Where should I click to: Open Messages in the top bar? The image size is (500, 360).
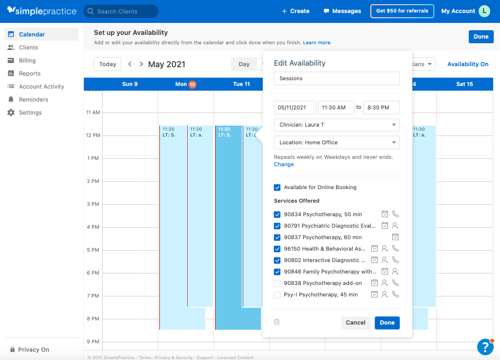342,11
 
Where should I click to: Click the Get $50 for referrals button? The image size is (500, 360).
402,11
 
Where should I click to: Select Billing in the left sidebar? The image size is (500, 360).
27,60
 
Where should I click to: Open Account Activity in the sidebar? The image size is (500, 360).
41,86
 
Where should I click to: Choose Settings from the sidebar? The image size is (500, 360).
30,113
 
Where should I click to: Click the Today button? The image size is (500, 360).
107,64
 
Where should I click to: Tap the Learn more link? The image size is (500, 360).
317,43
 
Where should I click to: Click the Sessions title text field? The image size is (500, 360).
336,78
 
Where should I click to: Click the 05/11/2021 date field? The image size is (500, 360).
295,107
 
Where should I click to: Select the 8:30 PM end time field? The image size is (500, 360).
381,107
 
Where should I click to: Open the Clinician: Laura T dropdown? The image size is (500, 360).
336,125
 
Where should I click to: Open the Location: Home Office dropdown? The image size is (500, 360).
336,142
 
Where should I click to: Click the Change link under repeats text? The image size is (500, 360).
284,164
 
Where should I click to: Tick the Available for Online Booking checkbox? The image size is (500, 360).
277,187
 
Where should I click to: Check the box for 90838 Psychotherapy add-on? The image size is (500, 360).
277,283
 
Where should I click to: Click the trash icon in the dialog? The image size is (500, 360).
277,322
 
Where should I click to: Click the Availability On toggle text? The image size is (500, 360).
468,64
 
